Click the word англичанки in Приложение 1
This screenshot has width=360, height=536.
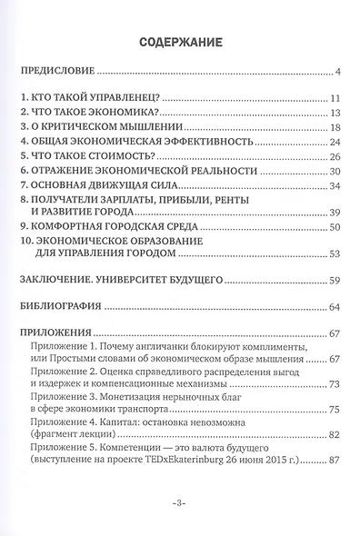(177, 350)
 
